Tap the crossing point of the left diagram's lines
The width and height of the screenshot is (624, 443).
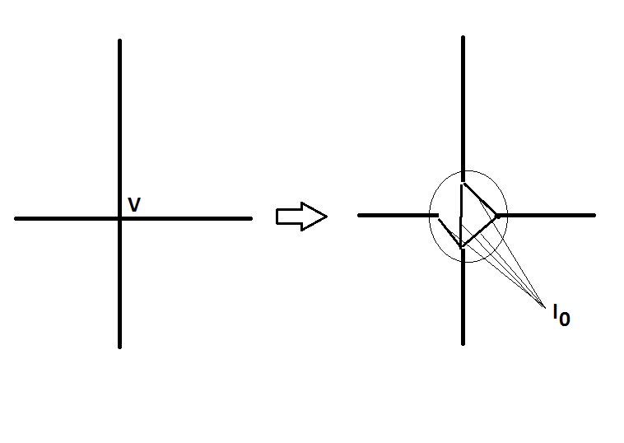click(x=119, y=218)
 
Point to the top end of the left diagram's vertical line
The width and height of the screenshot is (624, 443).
click(x=119, y=40)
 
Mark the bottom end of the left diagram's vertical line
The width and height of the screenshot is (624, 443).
click(x=119, y=347)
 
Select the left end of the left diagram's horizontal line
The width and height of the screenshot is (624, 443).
click(x=16, y=218)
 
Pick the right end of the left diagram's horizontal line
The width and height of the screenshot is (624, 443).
click(x=250, y=218)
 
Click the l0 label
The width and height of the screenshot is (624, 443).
click(x=560, y=315)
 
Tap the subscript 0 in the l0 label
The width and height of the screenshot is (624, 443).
click(x=564, y=319)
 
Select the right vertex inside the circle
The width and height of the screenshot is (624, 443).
click(x=497, y=216)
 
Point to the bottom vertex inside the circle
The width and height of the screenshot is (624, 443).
click(x=462, y=247)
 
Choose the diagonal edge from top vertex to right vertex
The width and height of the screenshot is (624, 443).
click(x=481, y=198)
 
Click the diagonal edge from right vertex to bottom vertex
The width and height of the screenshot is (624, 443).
click(x=480, y=231)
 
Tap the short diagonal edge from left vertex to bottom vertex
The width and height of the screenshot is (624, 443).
click(x=449, y=232)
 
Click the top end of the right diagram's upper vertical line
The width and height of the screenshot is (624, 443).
click(x=463, y=38)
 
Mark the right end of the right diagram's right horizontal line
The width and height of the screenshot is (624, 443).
click(x=594, y=215)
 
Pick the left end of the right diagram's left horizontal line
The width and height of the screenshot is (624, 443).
click(x=359, y=215)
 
